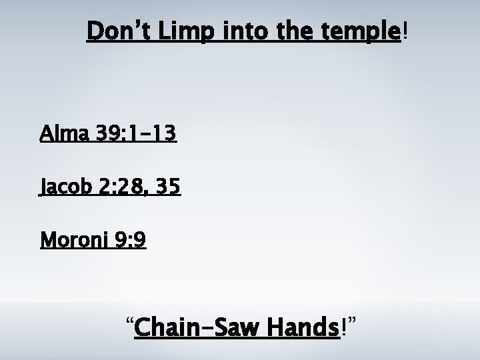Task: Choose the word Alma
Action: tap(62, 135)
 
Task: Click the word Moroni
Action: tap(73, 239)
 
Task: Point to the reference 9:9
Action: tap(131, 239)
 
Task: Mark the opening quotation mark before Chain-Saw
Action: tap(130, 322)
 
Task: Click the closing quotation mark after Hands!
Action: tap(353, 322)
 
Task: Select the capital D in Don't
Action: tap(95, 31)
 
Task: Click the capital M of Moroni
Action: tap(47, 239)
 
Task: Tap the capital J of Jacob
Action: tap(44, 188)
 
